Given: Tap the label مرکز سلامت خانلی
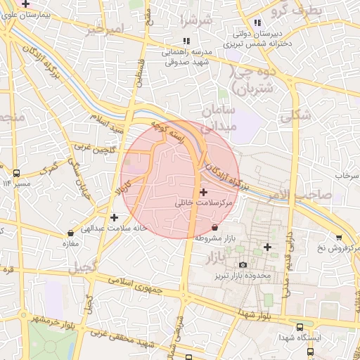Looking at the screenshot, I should (204, 202).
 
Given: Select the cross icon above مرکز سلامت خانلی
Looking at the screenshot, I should (204, 192).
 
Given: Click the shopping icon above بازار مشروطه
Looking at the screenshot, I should (214, 227).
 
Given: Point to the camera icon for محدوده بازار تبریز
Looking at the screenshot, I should (243, 265).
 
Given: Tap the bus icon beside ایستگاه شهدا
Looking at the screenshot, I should (301, 327).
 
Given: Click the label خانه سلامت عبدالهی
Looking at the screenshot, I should (113, 228).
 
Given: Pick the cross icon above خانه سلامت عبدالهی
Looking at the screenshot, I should (114, 217).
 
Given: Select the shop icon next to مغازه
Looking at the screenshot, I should (70, 233).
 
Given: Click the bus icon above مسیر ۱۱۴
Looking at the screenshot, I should (15, 173).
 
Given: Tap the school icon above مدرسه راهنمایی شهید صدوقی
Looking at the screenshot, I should (186, 41).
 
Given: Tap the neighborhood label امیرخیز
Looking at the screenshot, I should (104, 30).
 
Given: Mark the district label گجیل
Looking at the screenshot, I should (82, 268).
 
